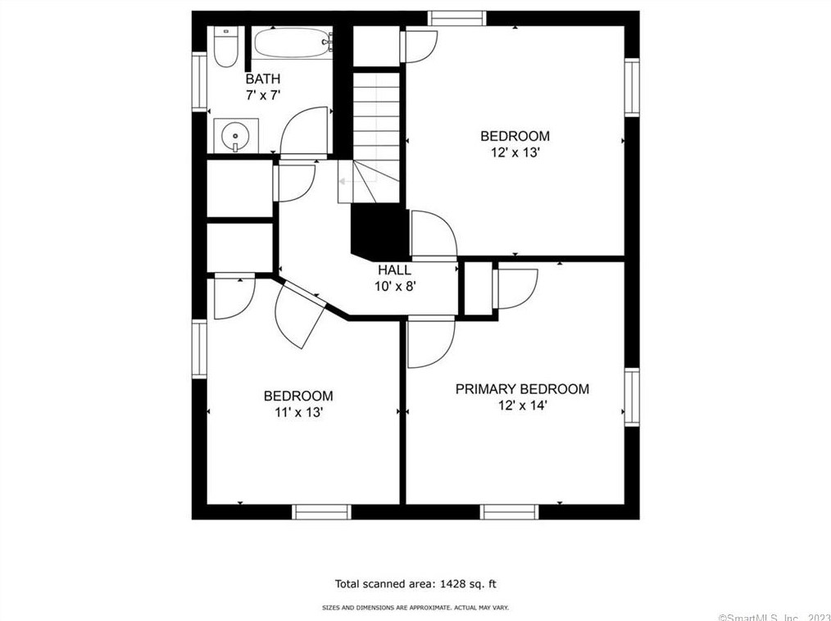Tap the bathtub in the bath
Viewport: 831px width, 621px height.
point(293,43)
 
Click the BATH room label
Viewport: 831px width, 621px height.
point(263,79)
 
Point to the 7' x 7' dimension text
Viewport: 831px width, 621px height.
point(263,95)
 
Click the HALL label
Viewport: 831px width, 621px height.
point(394,270)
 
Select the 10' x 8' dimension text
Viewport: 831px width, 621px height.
point(395,287)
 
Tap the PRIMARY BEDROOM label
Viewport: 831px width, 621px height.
point(522,389)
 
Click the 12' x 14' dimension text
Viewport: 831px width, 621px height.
point(522,406)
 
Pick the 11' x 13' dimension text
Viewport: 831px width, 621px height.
point(299,412)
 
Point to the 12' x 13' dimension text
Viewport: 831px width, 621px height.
point(515,152)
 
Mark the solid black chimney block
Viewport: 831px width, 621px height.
point(380,232)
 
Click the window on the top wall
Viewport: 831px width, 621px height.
point(456,18)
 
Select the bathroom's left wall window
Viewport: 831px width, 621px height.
point(199,82)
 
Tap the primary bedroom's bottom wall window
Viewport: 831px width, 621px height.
point(509,512)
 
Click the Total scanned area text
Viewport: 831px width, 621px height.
point(415,584)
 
